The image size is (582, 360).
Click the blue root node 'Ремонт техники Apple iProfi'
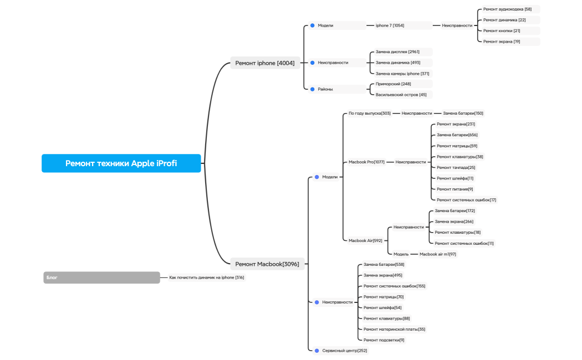point(121,163)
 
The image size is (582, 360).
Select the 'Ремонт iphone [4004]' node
point(265,63)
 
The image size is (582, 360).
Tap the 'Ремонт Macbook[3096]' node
point(267,264)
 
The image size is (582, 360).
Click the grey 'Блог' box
point(101,277)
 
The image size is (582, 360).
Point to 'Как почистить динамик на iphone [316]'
point(206,277)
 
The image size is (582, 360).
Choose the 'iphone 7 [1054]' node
point(390,25)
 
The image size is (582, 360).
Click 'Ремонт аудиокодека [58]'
point(507,9)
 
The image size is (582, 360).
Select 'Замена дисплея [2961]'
point(398,52)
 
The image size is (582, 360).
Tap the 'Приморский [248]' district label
point(394,84)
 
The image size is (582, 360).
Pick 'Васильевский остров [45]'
point(401,95)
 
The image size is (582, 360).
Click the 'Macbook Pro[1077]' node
point(366,162)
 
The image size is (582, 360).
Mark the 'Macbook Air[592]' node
point(365,241)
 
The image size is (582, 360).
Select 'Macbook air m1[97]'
point(438,254)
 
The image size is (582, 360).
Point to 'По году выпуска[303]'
point(370,114)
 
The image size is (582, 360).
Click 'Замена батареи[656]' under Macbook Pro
point(457,135)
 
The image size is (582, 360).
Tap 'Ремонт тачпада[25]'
point(456,167)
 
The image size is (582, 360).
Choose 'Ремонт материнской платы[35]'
point(394,330)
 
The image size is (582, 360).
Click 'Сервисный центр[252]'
point(344,351)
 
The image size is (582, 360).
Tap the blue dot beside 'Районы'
point(313,89)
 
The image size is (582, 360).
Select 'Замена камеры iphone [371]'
point(402,74)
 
